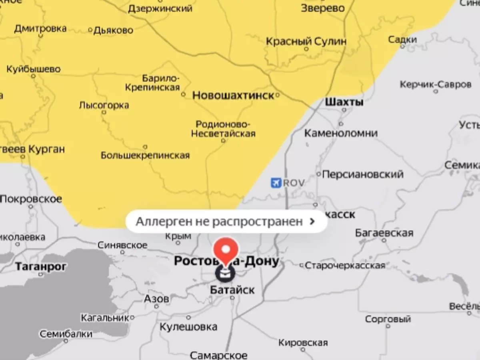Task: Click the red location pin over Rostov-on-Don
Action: pyautogui.click(x=226, y=250)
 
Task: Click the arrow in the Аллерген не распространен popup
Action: pyautogui.click(x=313, y=221)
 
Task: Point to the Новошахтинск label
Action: pyautogui.click(x=233, y=95)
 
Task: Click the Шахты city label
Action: pyautogui.click(x=344, y=102)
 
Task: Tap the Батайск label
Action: pyautogui.click(x=232, y=290)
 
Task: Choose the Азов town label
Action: pyautogui.click(x=156, y=298)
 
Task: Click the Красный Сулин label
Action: pyautogui.click(x=306, y=41)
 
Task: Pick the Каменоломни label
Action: pyautogui.click(x=341, y=133)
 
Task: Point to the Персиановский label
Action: pyautogui.click(x=362, y=174)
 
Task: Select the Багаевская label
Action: pyautogui.click(x=384, y=232)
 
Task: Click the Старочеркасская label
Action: pyautogui.click(x=345, y=265)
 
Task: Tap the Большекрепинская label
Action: pyautogui.click(x=145, y=155)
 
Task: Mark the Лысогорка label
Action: pyautogui.click(x=104, y=105)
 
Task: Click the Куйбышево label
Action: pyautogui.click(x=34, y=69)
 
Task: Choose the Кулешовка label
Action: pyautogui.click(x=188, y=326)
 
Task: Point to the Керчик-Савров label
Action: pyautogui.click(x=435, y=85)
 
